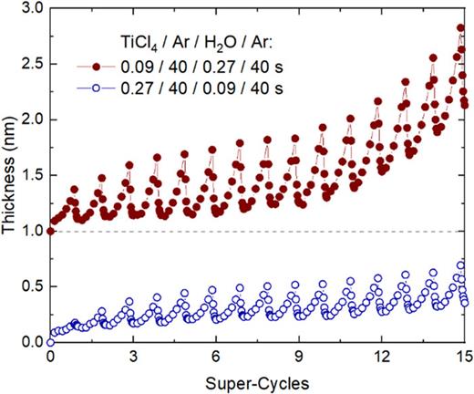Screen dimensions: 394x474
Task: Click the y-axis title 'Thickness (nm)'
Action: point(12,174)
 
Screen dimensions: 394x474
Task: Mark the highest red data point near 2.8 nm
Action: point(460,28)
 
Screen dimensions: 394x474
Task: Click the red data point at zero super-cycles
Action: point(50,231)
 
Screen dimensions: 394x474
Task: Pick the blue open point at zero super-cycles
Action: point(50,342)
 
